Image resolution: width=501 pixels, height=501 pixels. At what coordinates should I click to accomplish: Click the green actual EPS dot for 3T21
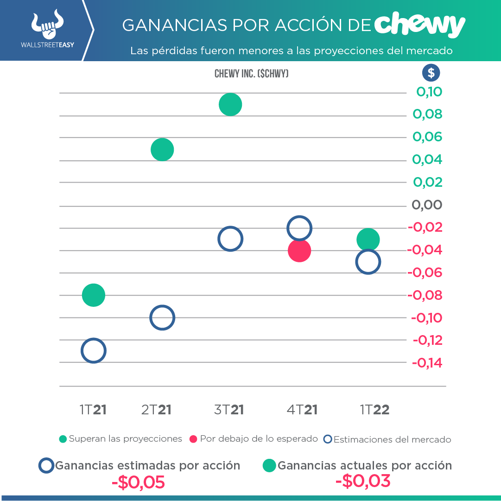click(230, 104)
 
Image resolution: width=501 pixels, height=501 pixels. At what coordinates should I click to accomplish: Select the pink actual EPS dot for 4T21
click(299, 251)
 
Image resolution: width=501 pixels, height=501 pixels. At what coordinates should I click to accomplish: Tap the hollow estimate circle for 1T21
click(94, 351)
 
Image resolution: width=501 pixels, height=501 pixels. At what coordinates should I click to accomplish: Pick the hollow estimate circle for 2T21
click(162, 318)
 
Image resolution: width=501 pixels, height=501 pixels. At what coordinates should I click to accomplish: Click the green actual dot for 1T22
click(368, 240)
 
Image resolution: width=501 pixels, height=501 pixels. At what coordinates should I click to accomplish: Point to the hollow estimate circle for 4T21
click(299, 228)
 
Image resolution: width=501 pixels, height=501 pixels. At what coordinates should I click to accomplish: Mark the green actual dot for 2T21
click(162, 150)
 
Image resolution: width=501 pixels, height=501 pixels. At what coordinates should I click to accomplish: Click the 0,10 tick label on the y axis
click(429, 92)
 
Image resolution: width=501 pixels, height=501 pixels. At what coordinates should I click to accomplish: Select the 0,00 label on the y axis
click(427, 205)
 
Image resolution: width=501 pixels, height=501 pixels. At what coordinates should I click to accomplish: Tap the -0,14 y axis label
click(427, 363)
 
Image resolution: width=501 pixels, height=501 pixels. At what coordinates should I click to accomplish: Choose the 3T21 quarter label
click(229, 410)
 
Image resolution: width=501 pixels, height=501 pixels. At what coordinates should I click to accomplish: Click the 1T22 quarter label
click(374, 410)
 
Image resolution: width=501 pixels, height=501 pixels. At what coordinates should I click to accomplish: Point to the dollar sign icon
click(431, 73)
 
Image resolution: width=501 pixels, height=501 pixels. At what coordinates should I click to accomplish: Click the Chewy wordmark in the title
click(419, 25)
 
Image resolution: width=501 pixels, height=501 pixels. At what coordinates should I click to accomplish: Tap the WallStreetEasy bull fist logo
click(47, 25)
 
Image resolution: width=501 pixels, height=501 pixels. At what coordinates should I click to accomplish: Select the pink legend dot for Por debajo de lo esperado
click(194, 439)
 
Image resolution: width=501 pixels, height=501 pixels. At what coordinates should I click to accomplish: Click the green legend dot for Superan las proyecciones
click(63, 439)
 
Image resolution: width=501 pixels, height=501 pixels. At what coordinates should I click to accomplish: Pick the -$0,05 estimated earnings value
click(138, 482)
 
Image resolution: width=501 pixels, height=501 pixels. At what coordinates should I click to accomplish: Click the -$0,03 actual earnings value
click(363, 481)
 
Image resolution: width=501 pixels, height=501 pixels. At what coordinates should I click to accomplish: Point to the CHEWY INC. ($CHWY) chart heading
click(252, 74)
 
